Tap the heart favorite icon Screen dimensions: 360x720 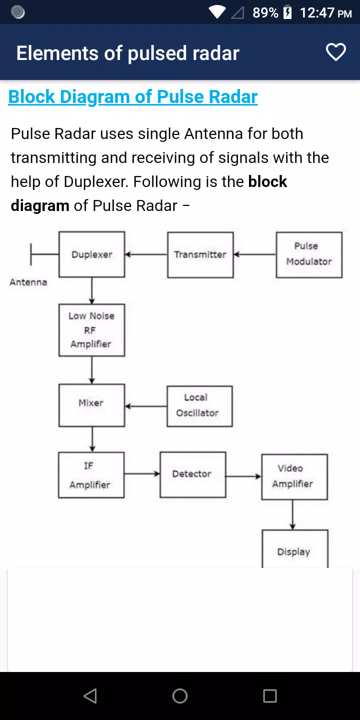pyautogui.click(x=336, y=52)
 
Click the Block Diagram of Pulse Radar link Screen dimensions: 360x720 pyautogui.click(x=133, y=97)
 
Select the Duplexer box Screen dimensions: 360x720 pyautogui.click(x=92, y=254)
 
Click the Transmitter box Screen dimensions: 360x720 pyautogui.click(x=200, y=255)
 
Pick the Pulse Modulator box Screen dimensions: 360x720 pyautogui.click(x=309, y=255)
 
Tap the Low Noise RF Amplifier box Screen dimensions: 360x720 pyautogui.click(x=92, y=330)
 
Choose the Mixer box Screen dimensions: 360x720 pyautogui.click(x=92, y=405)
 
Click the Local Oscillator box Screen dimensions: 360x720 pyautogui.click(x=199, y=406)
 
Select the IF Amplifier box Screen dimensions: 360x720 pyautogui.click(x=91, y=475)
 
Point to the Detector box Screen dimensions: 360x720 pyautogui.click(x=193, y=475)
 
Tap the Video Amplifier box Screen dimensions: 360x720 pyautogui.click(x=294, y=477)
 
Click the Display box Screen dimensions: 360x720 pyautogui.click(x=295, y=549)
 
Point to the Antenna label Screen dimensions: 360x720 pyautogui.click(x=28, y=282)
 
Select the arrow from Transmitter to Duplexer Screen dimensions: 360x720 pyautogui.click(x=146, y=254)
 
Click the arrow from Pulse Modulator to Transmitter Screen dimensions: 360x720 pyautogui.click(x=255, y=254)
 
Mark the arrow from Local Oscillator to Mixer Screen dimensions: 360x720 pyautogui.click(x=146, y=406)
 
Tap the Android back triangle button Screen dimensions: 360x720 pyautogui.click(x=90, y=696)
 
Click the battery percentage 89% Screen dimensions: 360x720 pyautogui.click(x=265, y=13)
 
